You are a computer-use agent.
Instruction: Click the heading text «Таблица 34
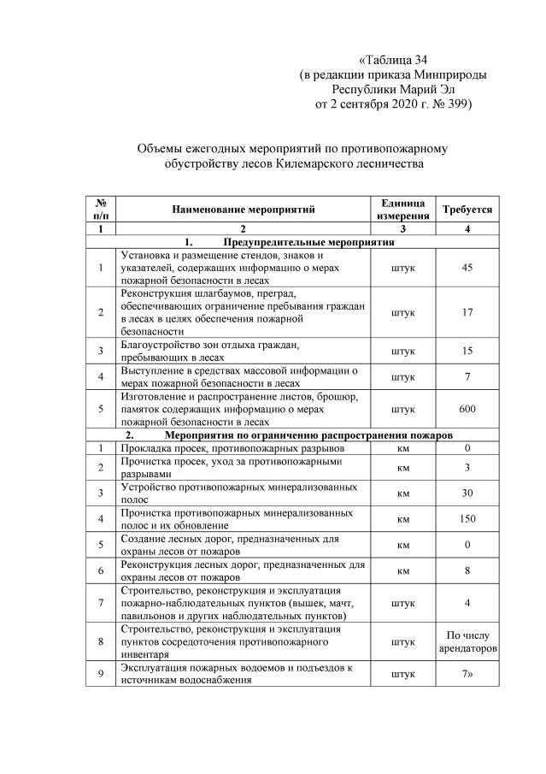click(393, 60)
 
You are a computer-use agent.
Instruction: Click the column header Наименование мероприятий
click(243, 210)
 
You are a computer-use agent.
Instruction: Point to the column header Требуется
click(467, 210)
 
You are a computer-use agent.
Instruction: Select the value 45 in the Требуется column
click(467, 268)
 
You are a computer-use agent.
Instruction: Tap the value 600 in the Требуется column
click(467, 410)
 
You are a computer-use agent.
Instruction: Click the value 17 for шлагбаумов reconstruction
click(467, 312)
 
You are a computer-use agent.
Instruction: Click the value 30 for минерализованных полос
click(467, 493)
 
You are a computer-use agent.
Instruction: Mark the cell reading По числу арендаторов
click(467, 641)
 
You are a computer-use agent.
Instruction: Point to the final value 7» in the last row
click(467, 674)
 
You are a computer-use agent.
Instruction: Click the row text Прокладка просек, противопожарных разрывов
click(232, 448)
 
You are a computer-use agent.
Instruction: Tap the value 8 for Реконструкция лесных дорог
click(467, 570)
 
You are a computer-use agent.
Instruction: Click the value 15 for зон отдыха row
click(467, 351)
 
